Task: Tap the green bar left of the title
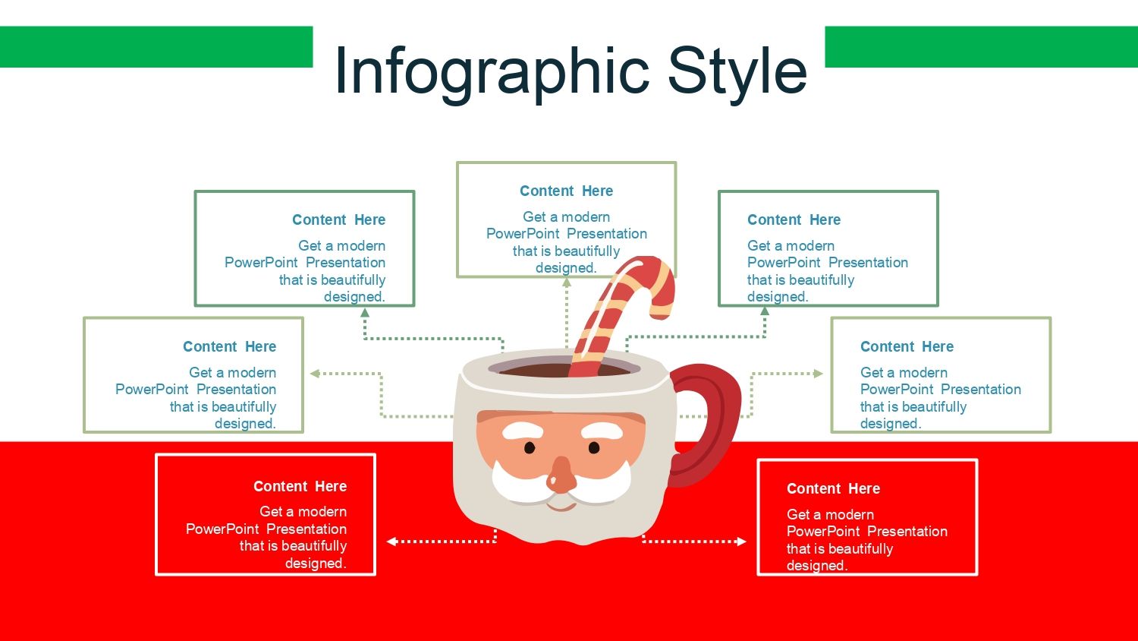pyautogui.click(x=156, y=47)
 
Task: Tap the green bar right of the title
pyautogui.click(x=981, y=47)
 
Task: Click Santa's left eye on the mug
pyautogui.click(x=530, y=448)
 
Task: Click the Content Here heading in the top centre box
pyautogui.click(x=566, y=191)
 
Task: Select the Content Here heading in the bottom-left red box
pyautogui.click(x=300, y=487)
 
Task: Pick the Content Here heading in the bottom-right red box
pyautogui.click(x=833, y=489)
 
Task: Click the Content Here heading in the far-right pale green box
pyautogui.click(x=907, y=347)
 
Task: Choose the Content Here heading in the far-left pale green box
pyautogui.click(x=229, y=347)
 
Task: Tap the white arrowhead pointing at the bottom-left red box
pyautogui.click(x=391, y=542)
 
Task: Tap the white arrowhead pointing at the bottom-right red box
pyautogui.click(x=741, y=542)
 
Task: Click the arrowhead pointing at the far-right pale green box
pyautogui.click(x=818, y=374)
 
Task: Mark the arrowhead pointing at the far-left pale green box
pyautogui.click(x=315, y=374)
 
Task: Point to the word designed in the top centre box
pyautogui.click(x=565, y=268)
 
